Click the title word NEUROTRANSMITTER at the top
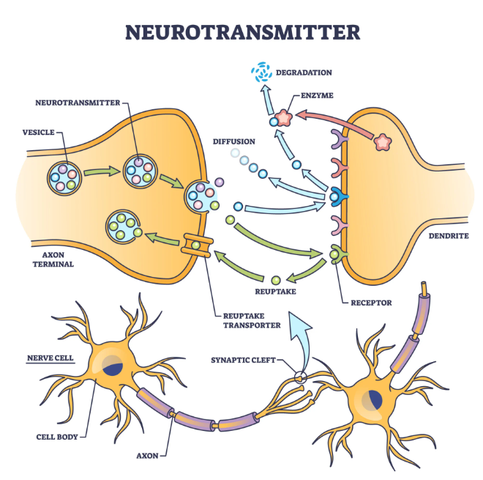tap(242, 32)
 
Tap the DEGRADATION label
tap(304, 73)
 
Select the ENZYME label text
tap(317, 95)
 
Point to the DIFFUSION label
tap(233, 141)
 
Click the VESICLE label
tap(39, 133)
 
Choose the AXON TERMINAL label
tap(53, 259)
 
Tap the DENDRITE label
tap(449, 236)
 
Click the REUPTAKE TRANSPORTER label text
tap(252, 320)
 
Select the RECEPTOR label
tap(371, 303)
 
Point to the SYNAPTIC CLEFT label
tap(243, 360)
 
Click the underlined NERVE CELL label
tap(50, 358)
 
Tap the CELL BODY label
tap(57, 437)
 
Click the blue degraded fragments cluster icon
tap(261, 73)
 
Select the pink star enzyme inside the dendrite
tap(382, 142)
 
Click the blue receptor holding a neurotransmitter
tap(338, 196)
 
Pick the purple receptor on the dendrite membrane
tap(339, 139)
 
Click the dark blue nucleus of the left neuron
tap(113, 366)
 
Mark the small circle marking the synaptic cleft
tap(300, 377)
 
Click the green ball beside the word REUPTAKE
tap(276, 280)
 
